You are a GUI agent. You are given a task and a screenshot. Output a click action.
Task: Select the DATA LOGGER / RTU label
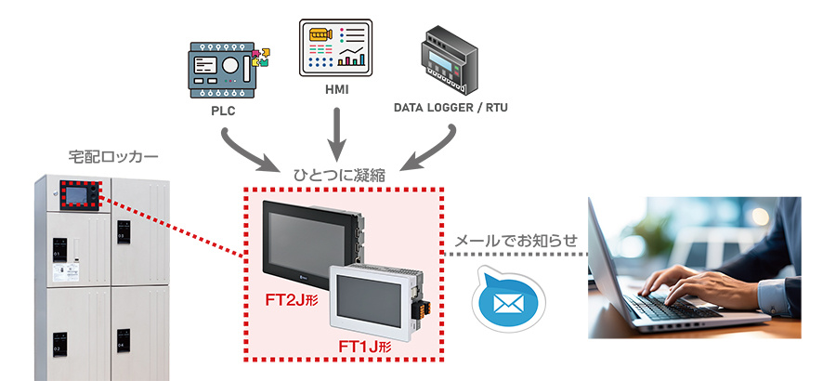(x=451, y=108)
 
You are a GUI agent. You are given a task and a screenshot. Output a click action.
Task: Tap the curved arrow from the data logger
(x=433, y=148)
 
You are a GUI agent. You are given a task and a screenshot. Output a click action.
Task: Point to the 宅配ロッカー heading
(x=101, y=156)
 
